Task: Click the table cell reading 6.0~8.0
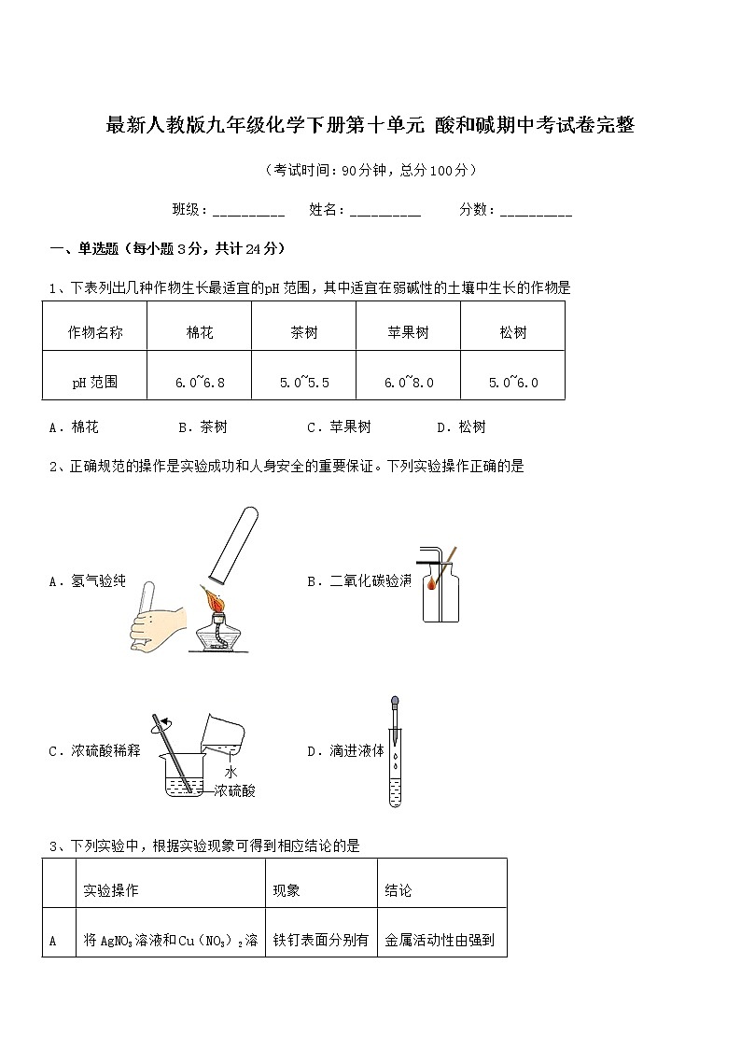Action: click(x=409, y=383)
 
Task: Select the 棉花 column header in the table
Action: click(x=200, y=332)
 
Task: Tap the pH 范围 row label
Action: click(x=95, y=383)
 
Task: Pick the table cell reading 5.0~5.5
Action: click(x=304, y=383)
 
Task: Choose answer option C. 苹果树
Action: click(x=339, y=427)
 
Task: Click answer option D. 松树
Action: click(x=461, y=427)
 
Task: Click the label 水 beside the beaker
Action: click(x=231, y=773)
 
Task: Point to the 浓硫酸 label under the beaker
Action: click(x=234, y=791)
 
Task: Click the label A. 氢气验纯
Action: click(x=87, y=581)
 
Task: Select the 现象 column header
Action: click(x=287, y=891)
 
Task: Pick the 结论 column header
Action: click(x=398, y=891)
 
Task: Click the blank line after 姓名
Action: click(x=385, y=212)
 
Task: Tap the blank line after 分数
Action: click(x=537, y=212)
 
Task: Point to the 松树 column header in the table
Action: click(x=513, y=332)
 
